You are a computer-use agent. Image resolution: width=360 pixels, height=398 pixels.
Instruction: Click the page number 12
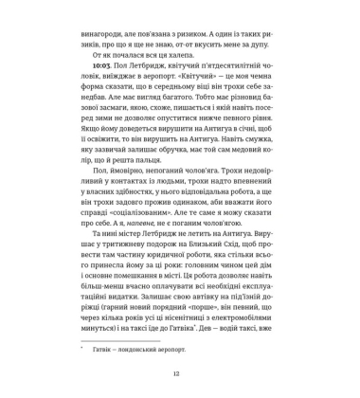(179, 373)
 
